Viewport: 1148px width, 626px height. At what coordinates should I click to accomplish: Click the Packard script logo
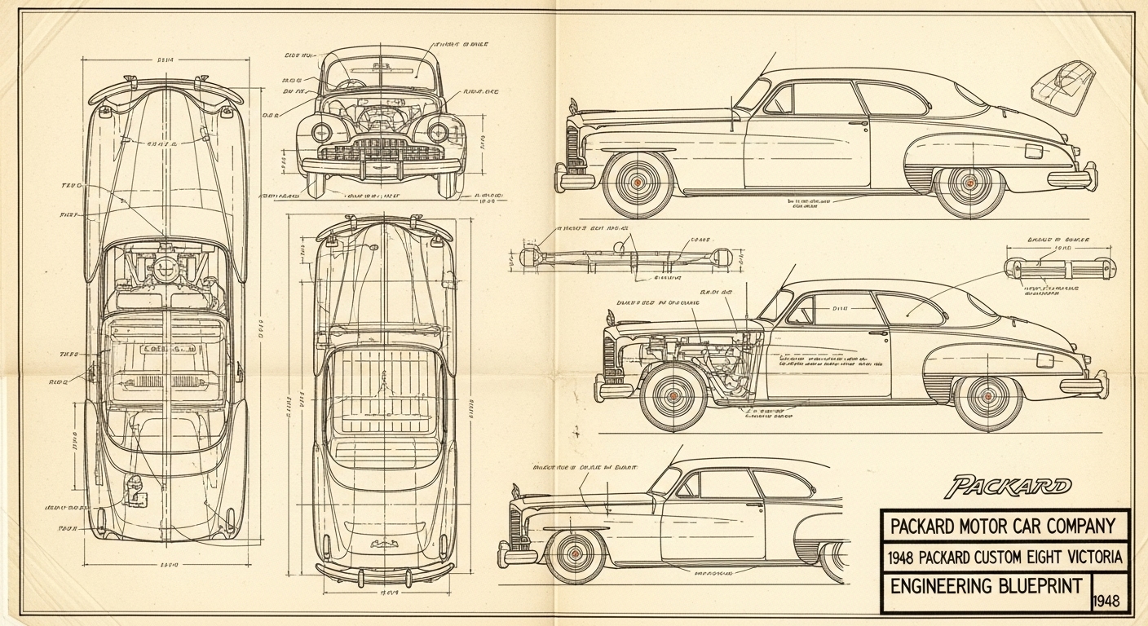1008,487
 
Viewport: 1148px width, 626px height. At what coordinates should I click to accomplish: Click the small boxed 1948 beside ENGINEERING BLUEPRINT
1109,602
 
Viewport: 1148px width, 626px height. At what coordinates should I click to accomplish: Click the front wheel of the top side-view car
638,183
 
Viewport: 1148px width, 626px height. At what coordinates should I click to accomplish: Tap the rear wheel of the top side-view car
969,183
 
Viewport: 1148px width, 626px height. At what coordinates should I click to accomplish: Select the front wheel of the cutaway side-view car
673,395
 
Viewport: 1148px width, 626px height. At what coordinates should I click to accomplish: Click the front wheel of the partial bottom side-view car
576,553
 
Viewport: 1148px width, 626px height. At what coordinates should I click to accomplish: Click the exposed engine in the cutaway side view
717,363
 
